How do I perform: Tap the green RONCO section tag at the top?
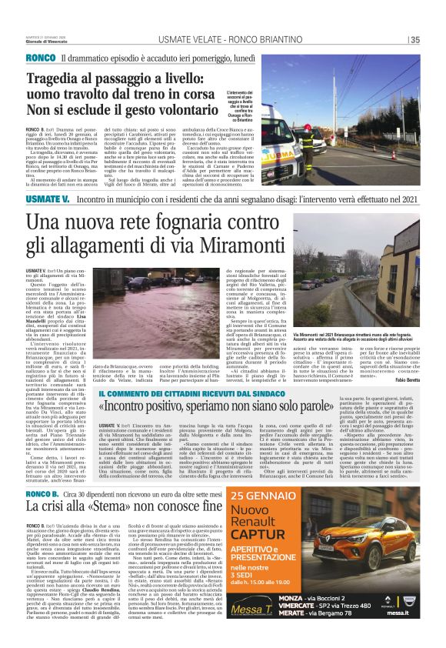pyautogui.click(x=40, y=58)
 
